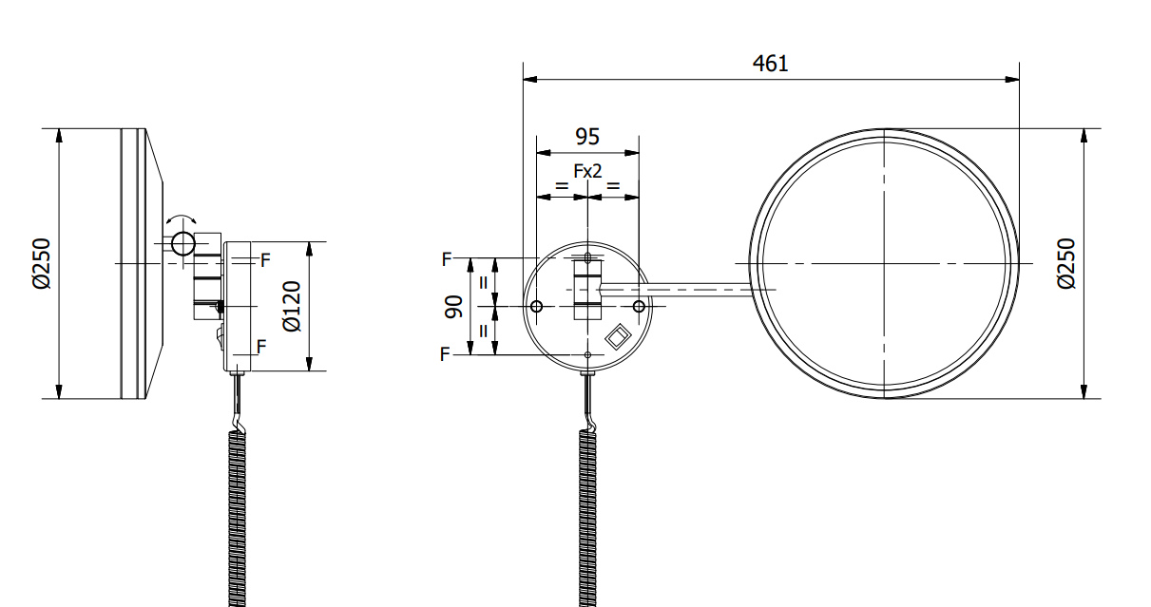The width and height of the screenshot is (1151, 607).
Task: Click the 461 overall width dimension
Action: coord(770,64)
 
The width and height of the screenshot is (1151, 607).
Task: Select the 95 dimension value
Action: coord(587,137)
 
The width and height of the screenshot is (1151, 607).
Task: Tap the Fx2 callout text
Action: coord(587,171)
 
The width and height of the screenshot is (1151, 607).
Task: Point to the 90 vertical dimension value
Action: coord(453,307)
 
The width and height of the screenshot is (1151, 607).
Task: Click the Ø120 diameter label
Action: coord(292,306)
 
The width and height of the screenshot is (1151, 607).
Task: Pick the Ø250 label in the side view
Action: coord(42,263)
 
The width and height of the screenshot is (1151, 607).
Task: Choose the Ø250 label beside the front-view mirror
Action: coord(1066,263)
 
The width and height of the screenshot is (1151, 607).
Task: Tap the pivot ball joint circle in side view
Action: coord(182,243)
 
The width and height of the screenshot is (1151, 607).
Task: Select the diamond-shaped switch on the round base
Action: coord(618,337)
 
